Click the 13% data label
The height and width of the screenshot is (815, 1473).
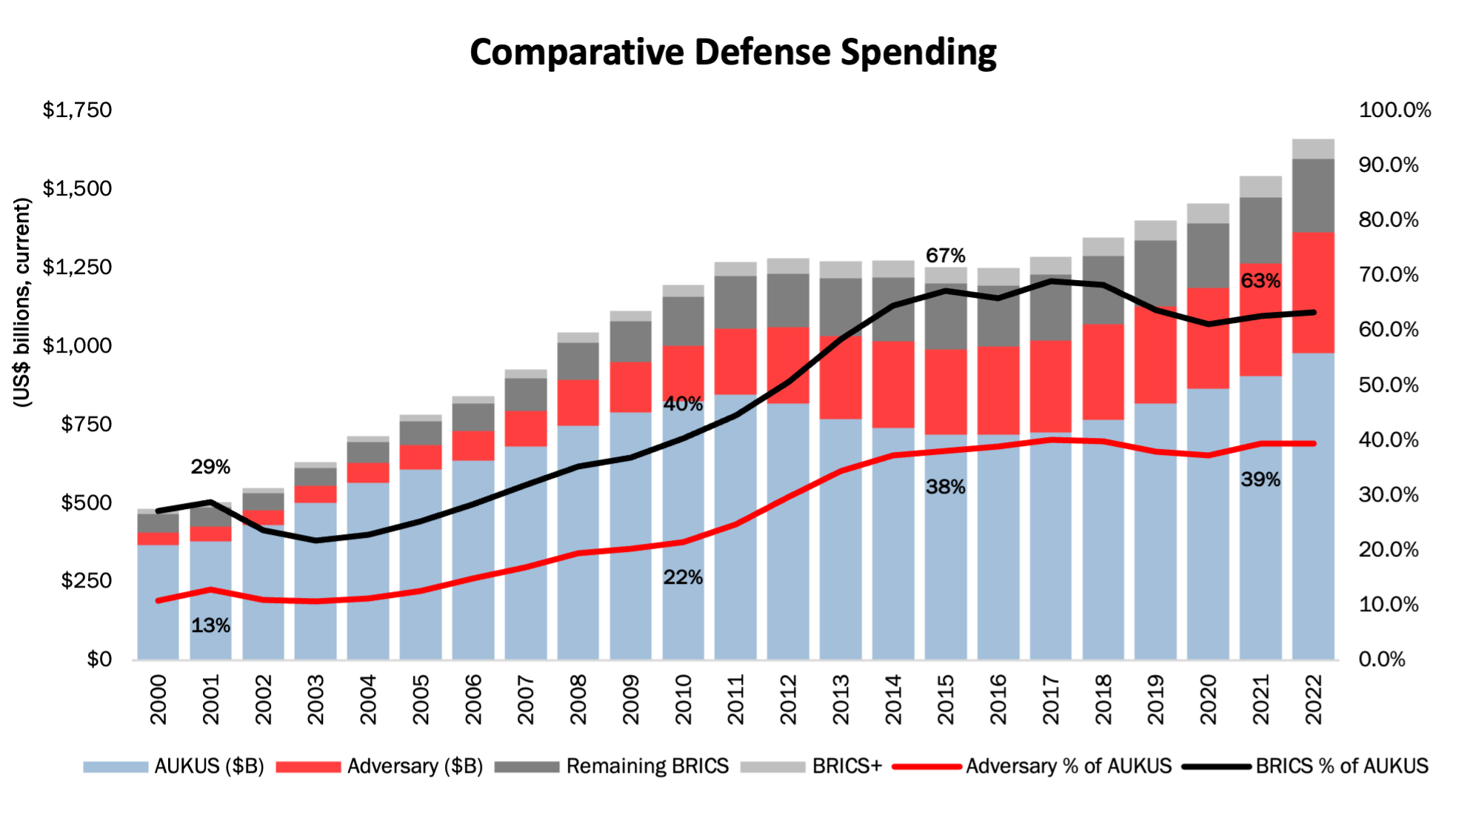211,626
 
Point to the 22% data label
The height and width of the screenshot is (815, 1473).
683,578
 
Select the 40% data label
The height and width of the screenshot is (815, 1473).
683,405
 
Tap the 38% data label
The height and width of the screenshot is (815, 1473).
946,488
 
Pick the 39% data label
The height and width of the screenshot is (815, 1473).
1260,480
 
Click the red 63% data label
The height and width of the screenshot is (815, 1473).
1260,282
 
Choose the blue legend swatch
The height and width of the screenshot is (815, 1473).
116,767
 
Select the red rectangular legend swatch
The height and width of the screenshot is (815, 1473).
309,767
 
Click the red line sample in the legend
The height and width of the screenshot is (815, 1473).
927,767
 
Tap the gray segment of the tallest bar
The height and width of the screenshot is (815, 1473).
1313,185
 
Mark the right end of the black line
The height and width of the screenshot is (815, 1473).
1314,313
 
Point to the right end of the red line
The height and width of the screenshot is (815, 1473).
1314,444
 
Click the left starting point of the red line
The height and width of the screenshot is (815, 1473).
158,600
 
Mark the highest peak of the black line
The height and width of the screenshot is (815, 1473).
1051,281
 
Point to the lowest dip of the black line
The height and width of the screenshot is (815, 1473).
316,541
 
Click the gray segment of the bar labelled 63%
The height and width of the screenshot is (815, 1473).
1260,219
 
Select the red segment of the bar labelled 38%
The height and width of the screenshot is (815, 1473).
946,391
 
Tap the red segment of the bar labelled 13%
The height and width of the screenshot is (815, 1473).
211,533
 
